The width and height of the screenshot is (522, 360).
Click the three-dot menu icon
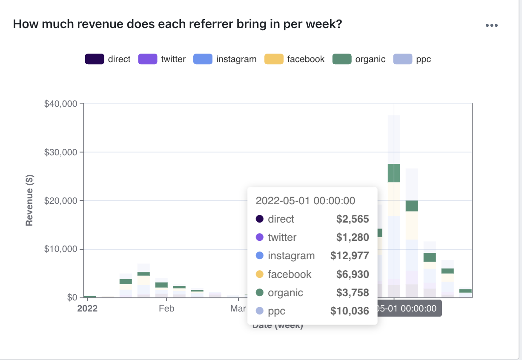click(491, 26)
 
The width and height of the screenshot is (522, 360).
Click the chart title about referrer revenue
click(178, 24)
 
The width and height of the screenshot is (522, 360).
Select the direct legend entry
click(108, 59)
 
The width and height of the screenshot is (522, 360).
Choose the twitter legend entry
click(162, 59)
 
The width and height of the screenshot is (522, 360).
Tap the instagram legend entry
click(225, 59)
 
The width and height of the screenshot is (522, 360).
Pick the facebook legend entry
click(295, 59)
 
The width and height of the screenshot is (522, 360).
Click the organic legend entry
click(359, 59)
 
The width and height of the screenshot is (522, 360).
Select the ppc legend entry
click(413, 59)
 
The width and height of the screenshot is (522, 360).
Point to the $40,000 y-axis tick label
click(60, 104)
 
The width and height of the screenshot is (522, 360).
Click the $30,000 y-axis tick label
click(60, 152)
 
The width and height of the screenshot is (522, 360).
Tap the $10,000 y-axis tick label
click(60, 249)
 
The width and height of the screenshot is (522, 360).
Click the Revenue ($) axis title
click(29, 200)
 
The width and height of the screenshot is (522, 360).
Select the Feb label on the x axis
click(166, 309)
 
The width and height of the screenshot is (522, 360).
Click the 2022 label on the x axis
click(87, 309)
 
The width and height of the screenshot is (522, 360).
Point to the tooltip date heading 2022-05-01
click(305, 201)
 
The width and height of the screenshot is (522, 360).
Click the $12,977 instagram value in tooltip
click(350, 256)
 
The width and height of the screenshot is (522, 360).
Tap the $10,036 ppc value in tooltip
click(350, 311)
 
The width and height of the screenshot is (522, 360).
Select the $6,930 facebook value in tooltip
click(352, 274)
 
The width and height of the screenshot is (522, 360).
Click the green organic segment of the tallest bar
click(394, 173)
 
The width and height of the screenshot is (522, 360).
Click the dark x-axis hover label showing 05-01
click(409, 309)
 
